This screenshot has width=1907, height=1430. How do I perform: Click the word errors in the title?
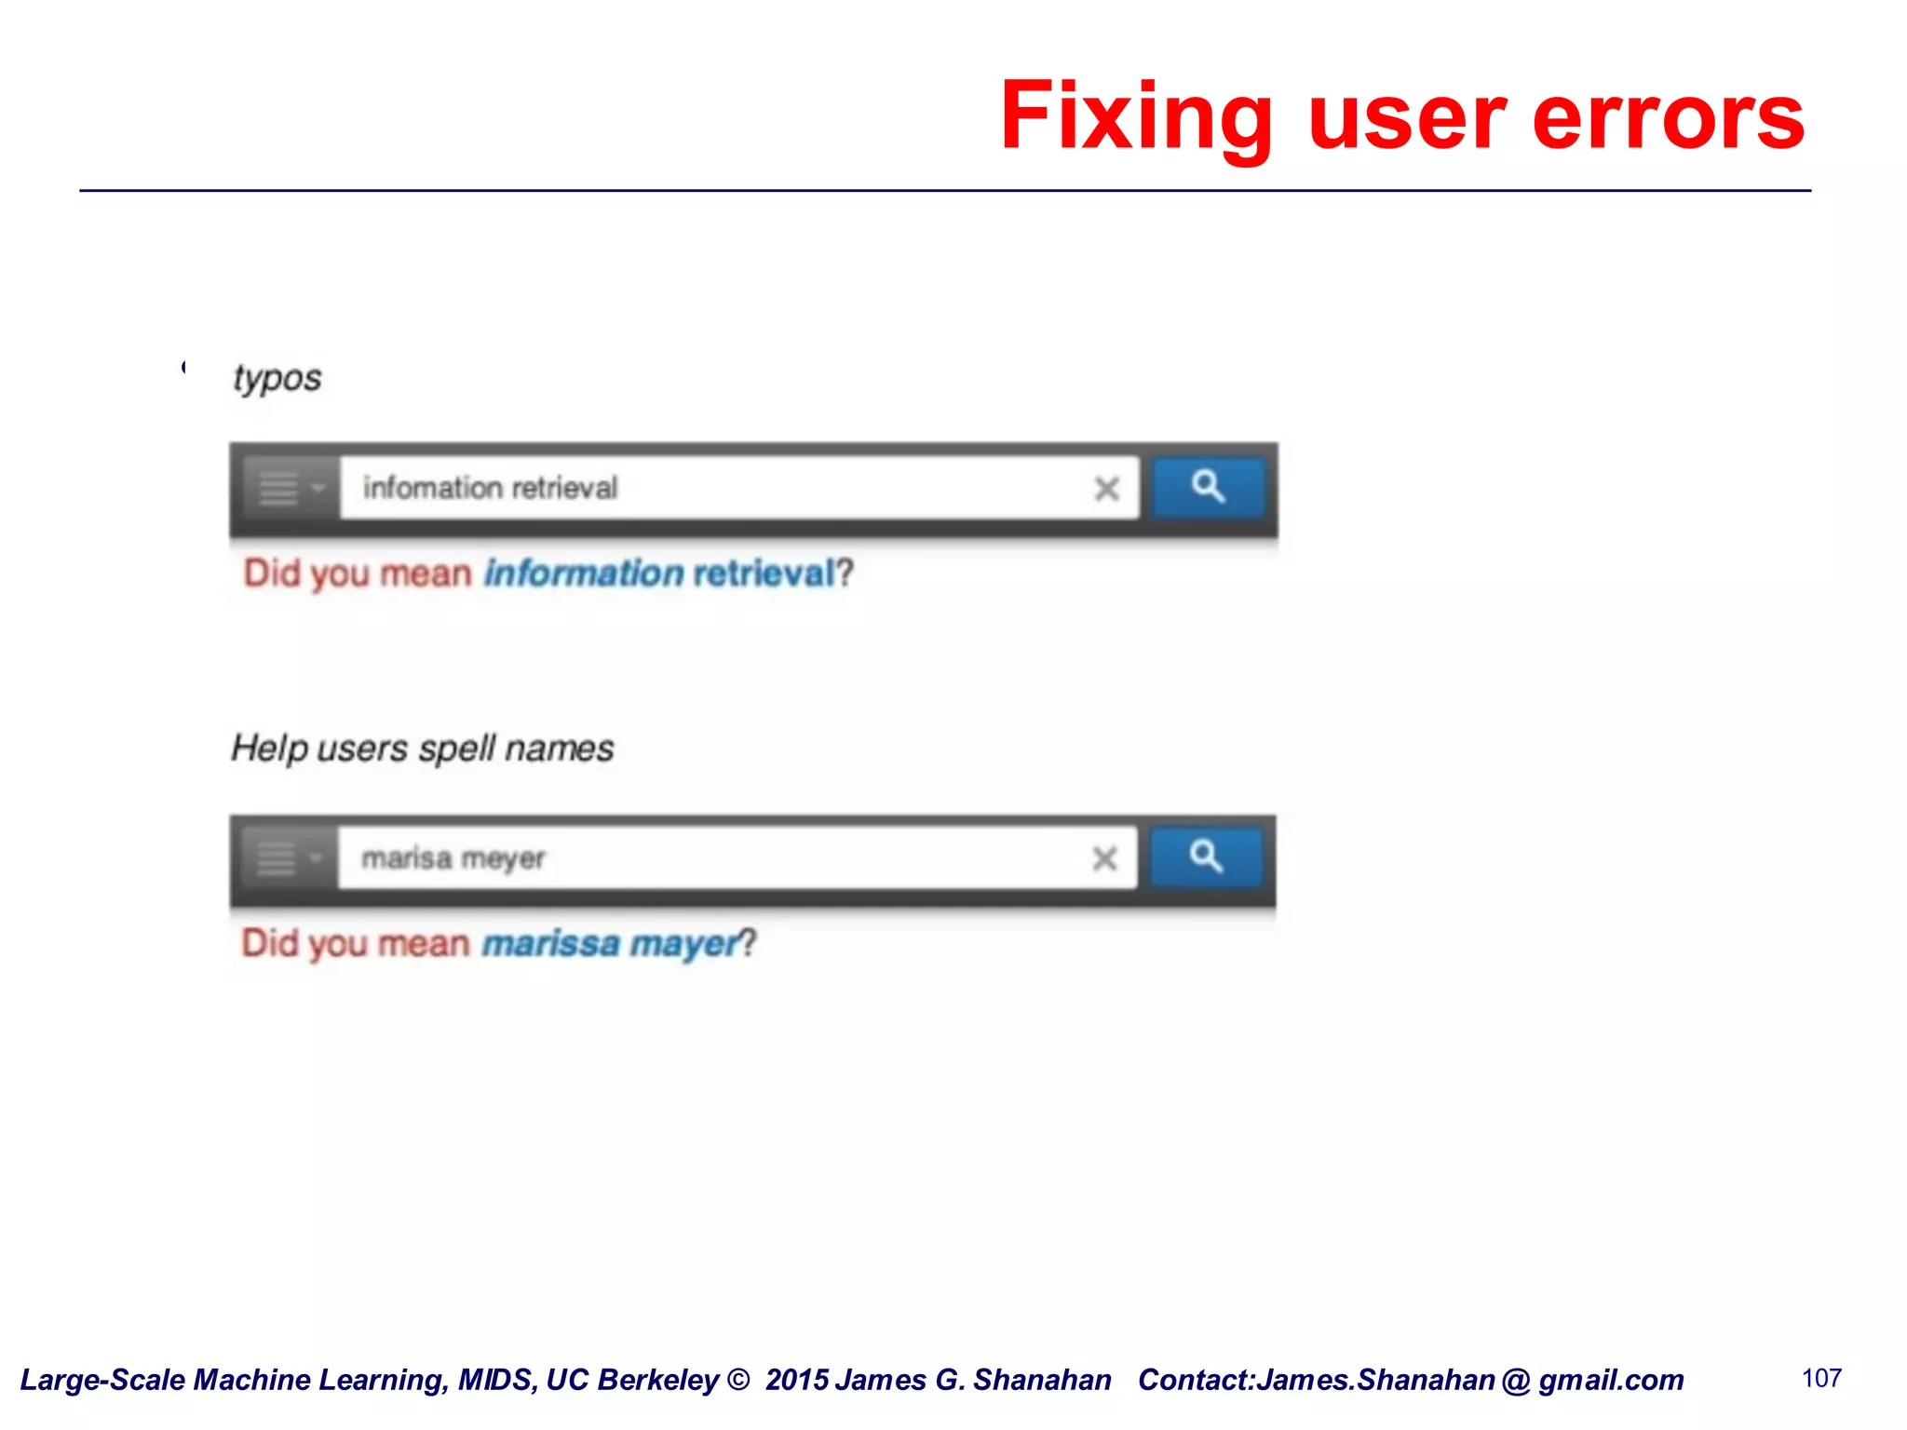tap(1668, 117)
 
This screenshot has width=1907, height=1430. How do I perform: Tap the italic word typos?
tap(277, 378)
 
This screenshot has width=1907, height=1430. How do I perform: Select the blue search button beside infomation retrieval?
tap(1208, 487)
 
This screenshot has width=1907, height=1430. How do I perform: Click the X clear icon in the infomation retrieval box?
tap(1106, 488)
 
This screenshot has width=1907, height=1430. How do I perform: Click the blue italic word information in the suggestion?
tap(584, 573)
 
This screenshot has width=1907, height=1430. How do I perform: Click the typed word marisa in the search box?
tap(406, 857)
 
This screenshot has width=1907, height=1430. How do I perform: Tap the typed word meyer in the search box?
tap(503, 858)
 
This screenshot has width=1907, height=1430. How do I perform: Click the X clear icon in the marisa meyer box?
tap(1104, 857)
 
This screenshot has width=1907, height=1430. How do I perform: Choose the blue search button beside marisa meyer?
tap(1206, 856)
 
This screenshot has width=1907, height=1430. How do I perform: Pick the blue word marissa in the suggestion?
tap(550, 943)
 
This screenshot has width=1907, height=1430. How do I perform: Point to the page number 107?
tap(1821, 1378)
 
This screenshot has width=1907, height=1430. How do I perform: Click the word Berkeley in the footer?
tap(657, 1380)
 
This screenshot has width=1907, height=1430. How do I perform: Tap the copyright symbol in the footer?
tap(738, 1379)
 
